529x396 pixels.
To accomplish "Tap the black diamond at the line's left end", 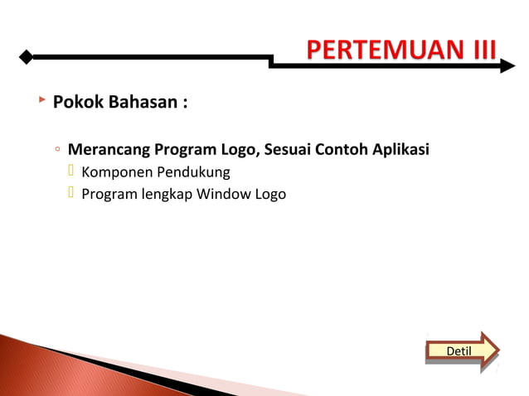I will (x=27, y=57).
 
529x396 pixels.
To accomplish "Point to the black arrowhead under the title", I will (x=507, y=65).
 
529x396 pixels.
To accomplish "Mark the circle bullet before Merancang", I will (x=56, y=151).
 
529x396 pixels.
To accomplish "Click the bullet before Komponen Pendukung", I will (x=71, y=171).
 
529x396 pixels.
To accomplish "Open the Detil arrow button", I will (x=461, y=350).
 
